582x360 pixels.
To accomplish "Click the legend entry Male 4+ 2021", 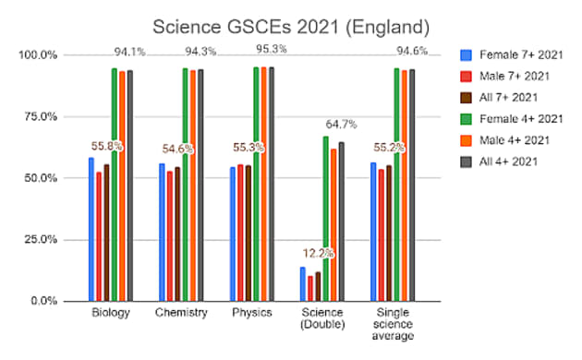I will point(508,141).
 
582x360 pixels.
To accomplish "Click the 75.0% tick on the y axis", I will point(38,116).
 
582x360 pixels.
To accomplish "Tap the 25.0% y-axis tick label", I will point(38,239).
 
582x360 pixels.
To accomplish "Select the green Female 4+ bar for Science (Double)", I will point(325,218).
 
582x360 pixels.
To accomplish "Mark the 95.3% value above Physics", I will point(268,50).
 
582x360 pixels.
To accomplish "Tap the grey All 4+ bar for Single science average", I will point(411,185).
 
